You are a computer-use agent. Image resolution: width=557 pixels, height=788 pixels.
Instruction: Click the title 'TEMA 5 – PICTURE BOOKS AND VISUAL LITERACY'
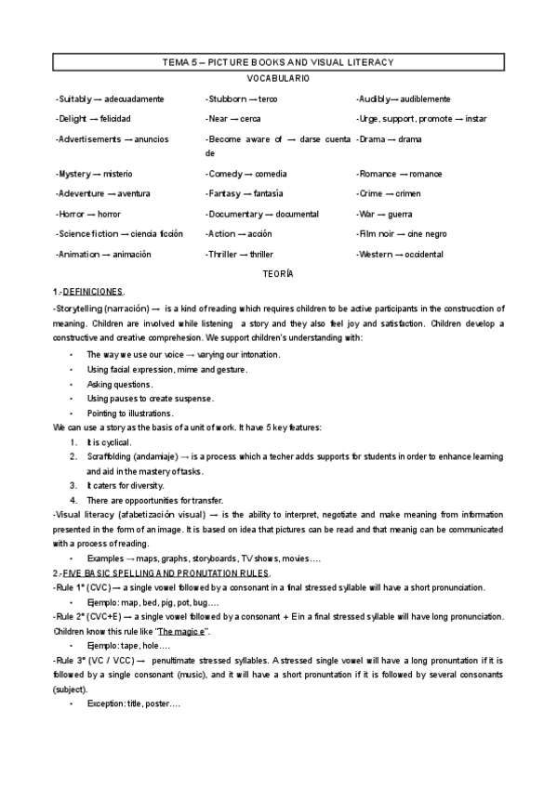[x=278, y=62]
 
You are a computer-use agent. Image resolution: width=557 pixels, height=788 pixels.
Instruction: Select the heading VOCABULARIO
[x=278, y=80]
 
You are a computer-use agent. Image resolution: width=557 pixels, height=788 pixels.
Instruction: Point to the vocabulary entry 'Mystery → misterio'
[x=94, y=174]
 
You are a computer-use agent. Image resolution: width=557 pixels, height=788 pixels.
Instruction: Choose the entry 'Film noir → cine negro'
[x=402, y=233]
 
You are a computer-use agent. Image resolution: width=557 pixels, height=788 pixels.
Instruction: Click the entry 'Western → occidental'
[x=401, y=254]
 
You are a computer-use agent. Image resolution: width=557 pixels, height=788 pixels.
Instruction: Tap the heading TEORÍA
[x=278, y=273]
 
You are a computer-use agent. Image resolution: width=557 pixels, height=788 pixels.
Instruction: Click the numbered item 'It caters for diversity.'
[x=126, y=485]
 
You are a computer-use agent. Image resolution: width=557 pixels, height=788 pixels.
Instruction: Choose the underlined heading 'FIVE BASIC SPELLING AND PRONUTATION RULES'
[x=166, y=573]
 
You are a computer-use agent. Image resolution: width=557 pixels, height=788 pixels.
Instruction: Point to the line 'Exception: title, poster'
[x=133, y=704]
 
